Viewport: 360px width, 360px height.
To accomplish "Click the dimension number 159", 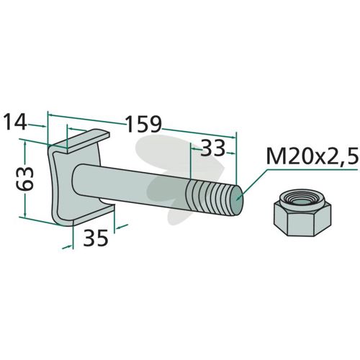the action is [144, 124].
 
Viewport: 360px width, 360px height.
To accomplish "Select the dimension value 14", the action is [15, 122].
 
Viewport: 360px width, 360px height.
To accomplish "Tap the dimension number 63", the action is [25, 179].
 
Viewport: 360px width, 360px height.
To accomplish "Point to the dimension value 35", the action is [96, 238].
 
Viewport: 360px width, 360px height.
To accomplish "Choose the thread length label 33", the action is [212, 148].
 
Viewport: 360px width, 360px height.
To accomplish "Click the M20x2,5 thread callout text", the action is [312, 156].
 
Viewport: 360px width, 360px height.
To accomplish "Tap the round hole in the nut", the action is [302, 201].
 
